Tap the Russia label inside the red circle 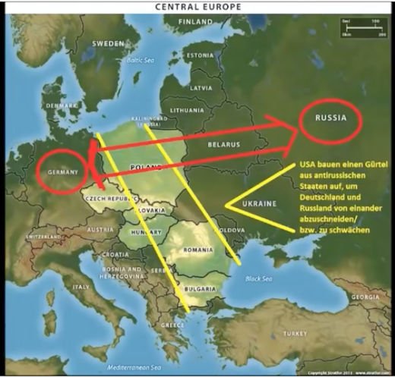coord(330,118)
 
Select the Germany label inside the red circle coord(63,172)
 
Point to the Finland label coord(195,22)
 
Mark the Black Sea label coord(256,278)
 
